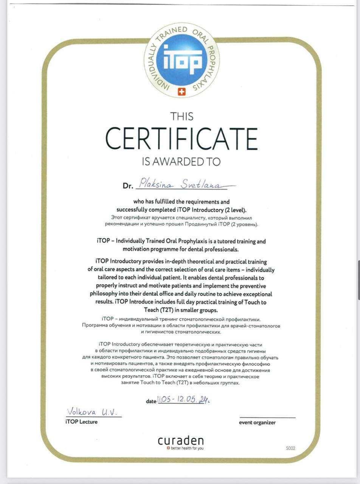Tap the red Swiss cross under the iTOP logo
click(182, 92)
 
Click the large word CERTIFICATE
click(182, 139)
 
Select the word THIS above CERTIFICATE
click(182, 116)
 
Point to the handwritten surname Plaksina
click(156, 184)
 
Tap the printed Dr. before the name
click(128, 186)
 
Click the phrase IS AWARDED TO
click(181, 162)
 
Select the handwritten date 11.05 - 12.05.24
click(183, 400)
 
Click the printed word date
click(151, 401)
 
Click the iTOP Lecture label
click(81, 422)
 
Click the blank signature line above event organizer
click(267, 417)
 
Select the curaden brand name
click(181, 441)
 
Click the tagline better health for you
click(187, 448)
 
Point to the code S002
click(290, 448)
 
